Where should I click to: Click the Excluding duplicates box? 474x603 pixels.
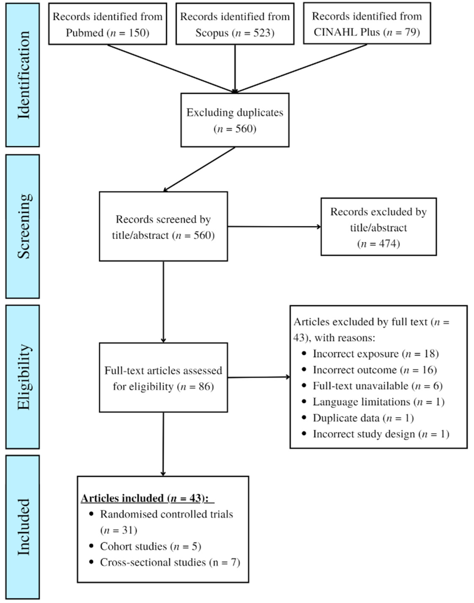coord(235,120)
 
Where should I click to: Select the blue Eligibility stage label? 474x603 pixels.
coord(23,377)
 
